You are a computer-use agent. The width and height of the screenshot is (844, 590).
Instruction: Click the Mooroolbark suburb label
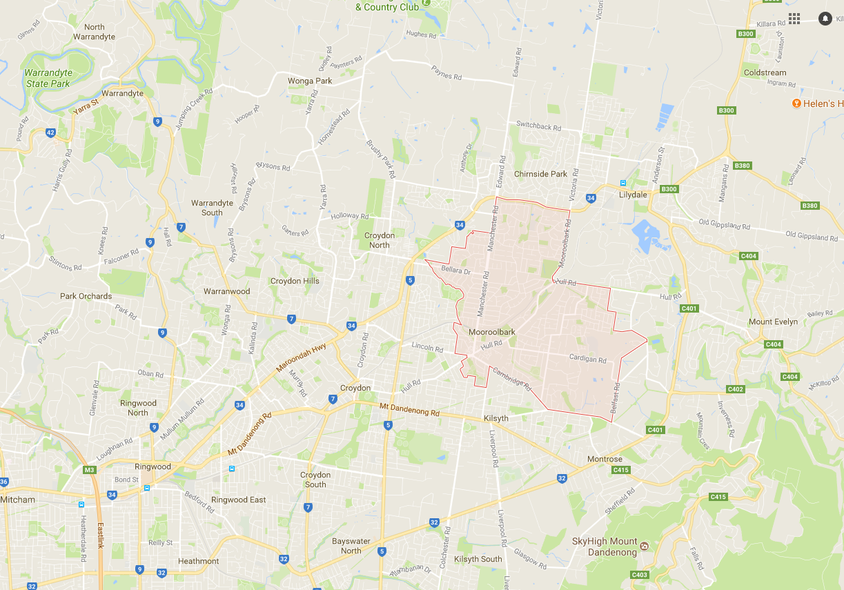pos(491,332)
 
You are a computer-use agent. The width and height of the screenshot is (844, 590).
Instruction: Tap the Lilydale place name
pos(633,195)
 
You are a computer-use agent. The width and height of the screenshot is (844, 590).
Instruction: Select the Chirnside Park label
pos(540,174)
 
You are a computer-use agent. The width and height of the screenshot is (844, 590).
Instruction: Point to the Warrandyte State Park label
pos(47,78)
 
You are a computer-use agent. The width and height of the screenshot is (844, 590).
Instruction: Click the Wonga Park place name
pos(310,81)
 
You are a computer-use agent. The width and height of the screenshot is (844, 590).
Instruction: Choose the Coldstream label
pos(765,72)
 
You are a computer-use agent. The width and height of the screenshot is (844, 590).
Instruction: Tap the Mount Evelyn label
pos(773,322)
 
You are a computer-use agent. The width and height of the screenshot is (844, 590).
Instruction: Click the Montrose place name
pos(604,459)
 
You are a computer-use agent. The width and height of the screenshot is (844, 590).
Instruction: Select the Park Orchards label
pos(86,296)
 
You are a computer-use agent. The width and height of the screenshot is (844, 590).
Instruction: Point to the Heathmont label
pos(198,561)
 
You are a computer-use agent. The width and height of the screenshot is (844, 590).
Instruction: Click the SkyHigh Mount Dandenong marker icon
pos(644,546)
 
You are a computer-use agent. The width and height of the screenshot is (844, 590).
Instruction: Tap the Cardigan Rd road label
pos(588,359)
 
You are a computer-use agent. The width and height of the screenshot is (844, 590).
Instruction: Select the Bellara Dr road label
pos(455,271)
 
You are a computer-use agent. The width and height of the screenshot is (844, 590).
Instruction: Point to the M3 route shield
pos(89,470)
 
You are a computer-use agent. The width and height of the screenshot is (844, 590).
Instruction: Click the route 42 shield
pos(50,132)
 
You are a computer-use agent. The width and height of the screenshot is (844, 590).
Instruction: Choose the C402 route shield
pos(735,389)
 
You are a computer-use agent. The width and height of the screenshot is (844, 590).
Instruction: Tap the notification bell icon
pos(825,19)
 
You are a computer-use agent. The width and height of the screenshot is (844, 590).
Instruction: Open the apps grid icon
pos(794,19)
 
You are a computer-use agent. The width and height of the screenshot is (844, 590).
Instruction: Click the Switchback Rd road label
pos(539,127)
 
